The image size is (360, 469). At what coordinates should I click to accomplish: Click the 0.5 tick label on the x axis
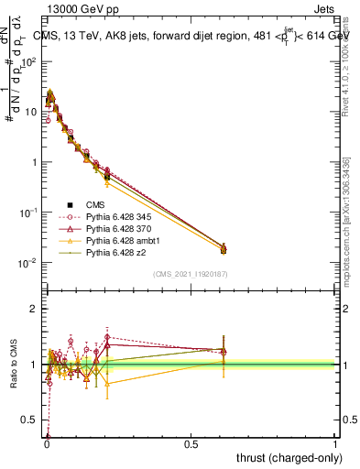[191, 444]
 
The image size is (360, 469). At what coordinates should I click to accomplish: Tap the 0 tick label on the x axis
[46, 444]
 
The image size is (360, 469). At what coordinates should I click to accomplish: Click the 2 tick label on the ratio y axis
[36, 309]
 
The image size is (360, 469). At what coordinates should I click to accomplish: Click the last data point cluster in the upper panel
[224, 248]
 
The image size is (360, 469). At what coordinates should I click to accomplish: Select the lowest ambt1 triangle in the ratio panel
[107, 384]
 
